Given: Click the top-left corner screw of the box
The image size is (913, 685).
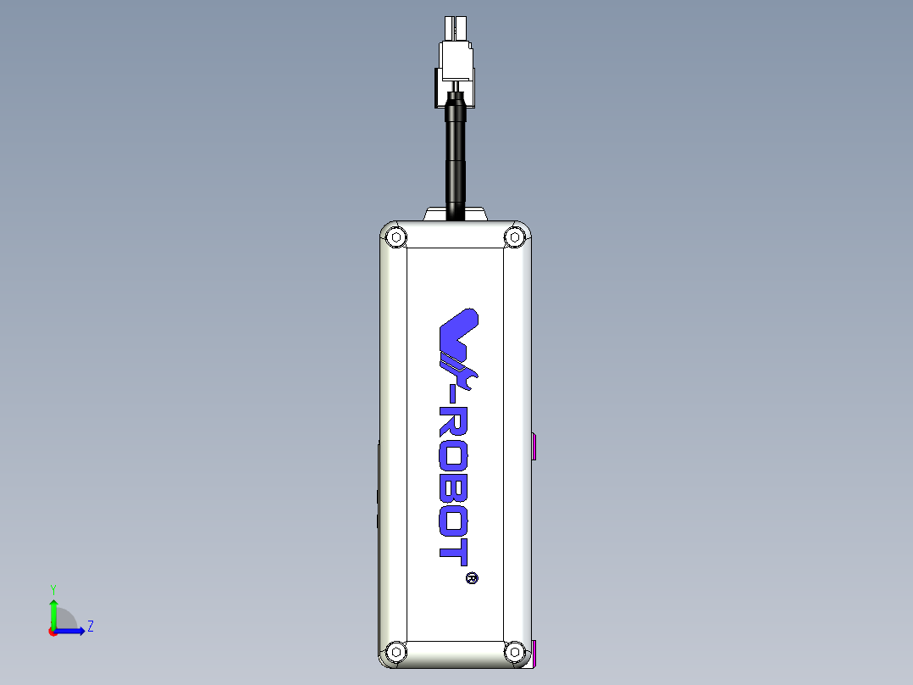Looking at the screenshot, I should [x=395, y=237].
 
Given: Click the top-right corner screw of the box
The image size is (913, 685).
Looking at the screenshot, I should [x=514, y=237].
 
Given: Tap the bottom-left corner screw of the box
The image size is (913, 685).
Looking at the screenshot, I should [x=395, y=651].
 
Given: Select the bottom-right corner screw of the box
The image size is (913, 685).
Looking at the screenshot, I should [x=514, y=651].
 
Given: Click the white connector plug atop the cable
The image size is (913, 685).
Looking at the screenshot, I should [x=456, y=60].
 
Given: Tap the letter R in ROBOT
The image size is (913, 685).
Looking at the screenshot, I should [x=456, y=424].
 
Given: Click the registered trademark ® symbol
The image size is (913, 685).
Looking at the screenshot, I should [x=472, y=578].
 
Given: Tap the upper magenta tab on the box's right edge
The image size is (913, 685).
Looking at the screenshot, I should [x=535, y=446].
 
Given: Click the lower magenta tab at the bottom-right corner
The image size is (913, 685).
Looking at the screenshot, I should [x=535, y=654].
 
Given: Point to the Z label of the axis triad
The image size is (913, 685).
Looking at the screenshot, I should [x=90, y=627].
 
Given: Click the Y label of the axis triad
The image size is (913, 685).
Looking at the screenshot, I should [x=53, y=588].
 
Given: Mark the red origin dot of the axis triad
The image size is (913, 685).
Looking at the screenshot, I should [x=53, y=632].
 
